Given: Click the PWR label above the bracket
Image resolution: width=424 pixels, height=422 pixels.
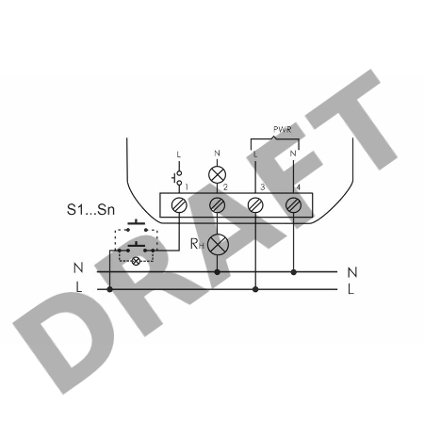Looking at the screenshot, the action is pyautogui.click(x=282, y=129).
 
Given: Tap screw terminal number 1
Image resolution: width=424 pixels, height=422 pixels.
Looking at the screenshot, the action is pyautogui.click(x=179, y=205).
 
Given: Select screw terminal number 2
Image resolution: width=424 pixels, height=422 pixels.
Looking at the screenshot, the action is pyautogui.click(x=217, y=205).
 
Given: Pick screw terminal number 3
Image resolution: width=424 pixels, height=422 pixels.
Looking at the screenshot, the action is pyautogui.click(x=255, y=205).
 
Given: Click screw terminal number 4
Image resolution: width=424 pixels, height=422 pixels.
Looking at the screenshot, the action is pyautogui.click(x=293, y=205).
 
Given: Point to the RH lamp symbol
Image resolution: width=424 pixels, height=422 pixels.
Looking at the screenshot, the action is pyautogui.click(x=218, y=244).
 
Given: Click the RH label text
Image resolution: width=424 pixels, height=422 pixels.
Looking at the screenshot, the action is pyautogui.click(x=197, y=244).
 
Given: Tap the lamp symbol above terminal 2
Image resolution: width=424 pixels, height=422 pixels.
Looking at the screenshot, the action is pyautogui.click(x=218, y=175).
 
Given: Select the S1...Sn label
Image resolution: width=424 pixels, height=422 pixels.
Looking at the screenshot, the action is pyautogui.click(x=90, y=210).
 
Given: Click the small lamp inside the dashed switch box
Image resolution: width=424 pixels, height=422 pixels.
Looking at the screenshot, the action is pyautogui.click(x=136, y=261).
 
